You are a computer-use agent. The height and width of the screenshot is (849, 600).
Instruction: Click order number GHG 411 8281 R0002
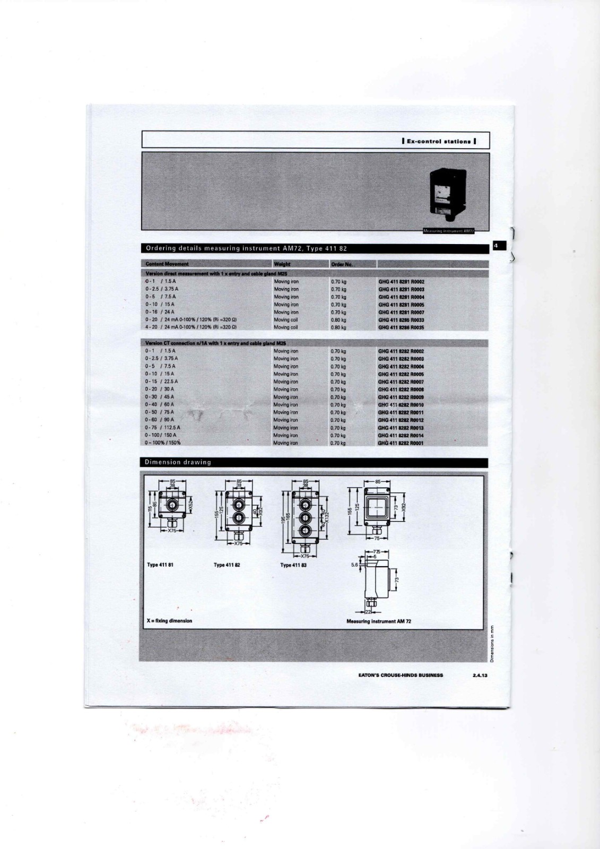[x=401, y=282]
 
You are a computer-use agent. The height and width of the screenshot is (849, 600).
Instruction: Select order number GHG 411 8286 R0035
[x=401, y=328]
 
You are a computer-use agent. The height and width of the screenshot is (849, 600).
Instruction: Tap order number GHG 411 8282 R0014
[x=401, y=436]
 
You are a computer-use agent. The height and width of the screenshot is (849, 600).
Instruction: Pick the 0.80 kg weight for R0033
[x=338, y=320]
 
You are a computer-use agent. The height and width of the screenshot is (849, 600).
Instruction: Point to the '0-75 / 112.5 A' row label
[x=163, y=428]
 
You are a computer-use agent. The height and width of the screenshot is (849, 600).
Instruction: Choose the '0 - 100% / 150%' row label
[x=163, y=443]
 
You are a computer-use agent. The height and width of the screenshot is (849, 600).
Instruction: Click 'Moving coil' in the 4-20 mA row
[x=286, y=328]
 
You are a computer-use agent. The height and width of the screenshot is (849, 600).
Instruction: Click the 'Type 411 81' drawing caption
[x=160, y=565]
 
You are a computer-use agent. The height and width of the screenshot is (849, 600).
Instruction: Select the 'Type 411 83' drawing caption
[x=293, y=565]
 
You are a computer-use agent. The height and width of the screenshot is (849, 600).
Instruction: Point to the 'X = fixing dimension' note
[x=169, y=620]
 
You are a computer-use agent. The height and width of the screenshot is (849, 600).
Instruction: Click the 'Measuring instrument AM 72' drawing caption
[x=378, y=621]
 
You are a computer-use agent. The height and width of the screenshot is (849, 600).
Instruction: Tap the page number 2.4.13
[x=479, y=675]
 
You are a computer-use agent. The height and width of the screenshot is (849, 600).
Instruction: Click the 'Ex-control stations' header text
[x=438, y=142]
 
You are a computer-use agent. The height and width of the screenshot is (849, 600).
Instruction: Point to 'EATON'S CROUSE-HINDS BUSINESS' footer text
[x=401, y=675]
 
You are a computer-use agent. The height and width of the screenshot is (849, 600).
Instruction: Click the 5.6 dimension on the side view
[x=355, y=565]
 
